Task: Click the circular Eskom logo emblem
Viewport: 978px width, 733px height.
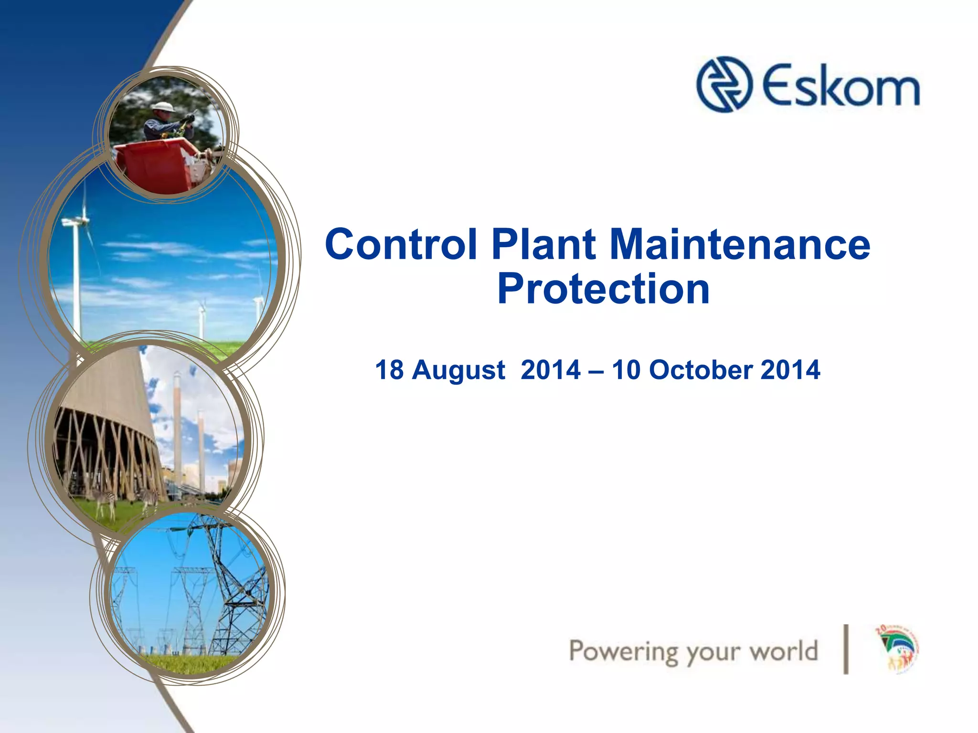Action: [724, 84]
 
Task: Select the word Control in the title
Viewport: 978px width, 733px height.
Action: [401, 244]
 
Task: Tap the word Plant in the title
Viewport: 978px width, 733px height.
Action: [543, 244]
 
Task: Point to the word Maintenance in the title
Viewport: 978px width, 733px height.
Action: [740, 244]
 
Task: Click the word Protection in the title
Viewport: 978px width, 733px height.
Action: [603, 289]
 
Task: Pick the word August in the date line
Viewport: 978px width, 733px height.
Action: [458, 370]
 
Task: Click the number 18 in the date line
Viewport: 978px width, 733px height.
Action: [389, 370]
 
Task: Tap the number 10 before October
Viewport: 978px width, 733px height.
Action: [626, 370]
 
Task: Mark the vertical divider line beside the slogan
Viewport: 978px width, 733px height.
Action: [846, 649]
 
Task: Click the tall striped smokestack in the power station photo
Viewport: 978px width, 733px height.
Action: [178, 420]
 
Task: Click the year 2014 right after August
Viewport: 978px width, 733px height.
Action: [550, 370]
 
